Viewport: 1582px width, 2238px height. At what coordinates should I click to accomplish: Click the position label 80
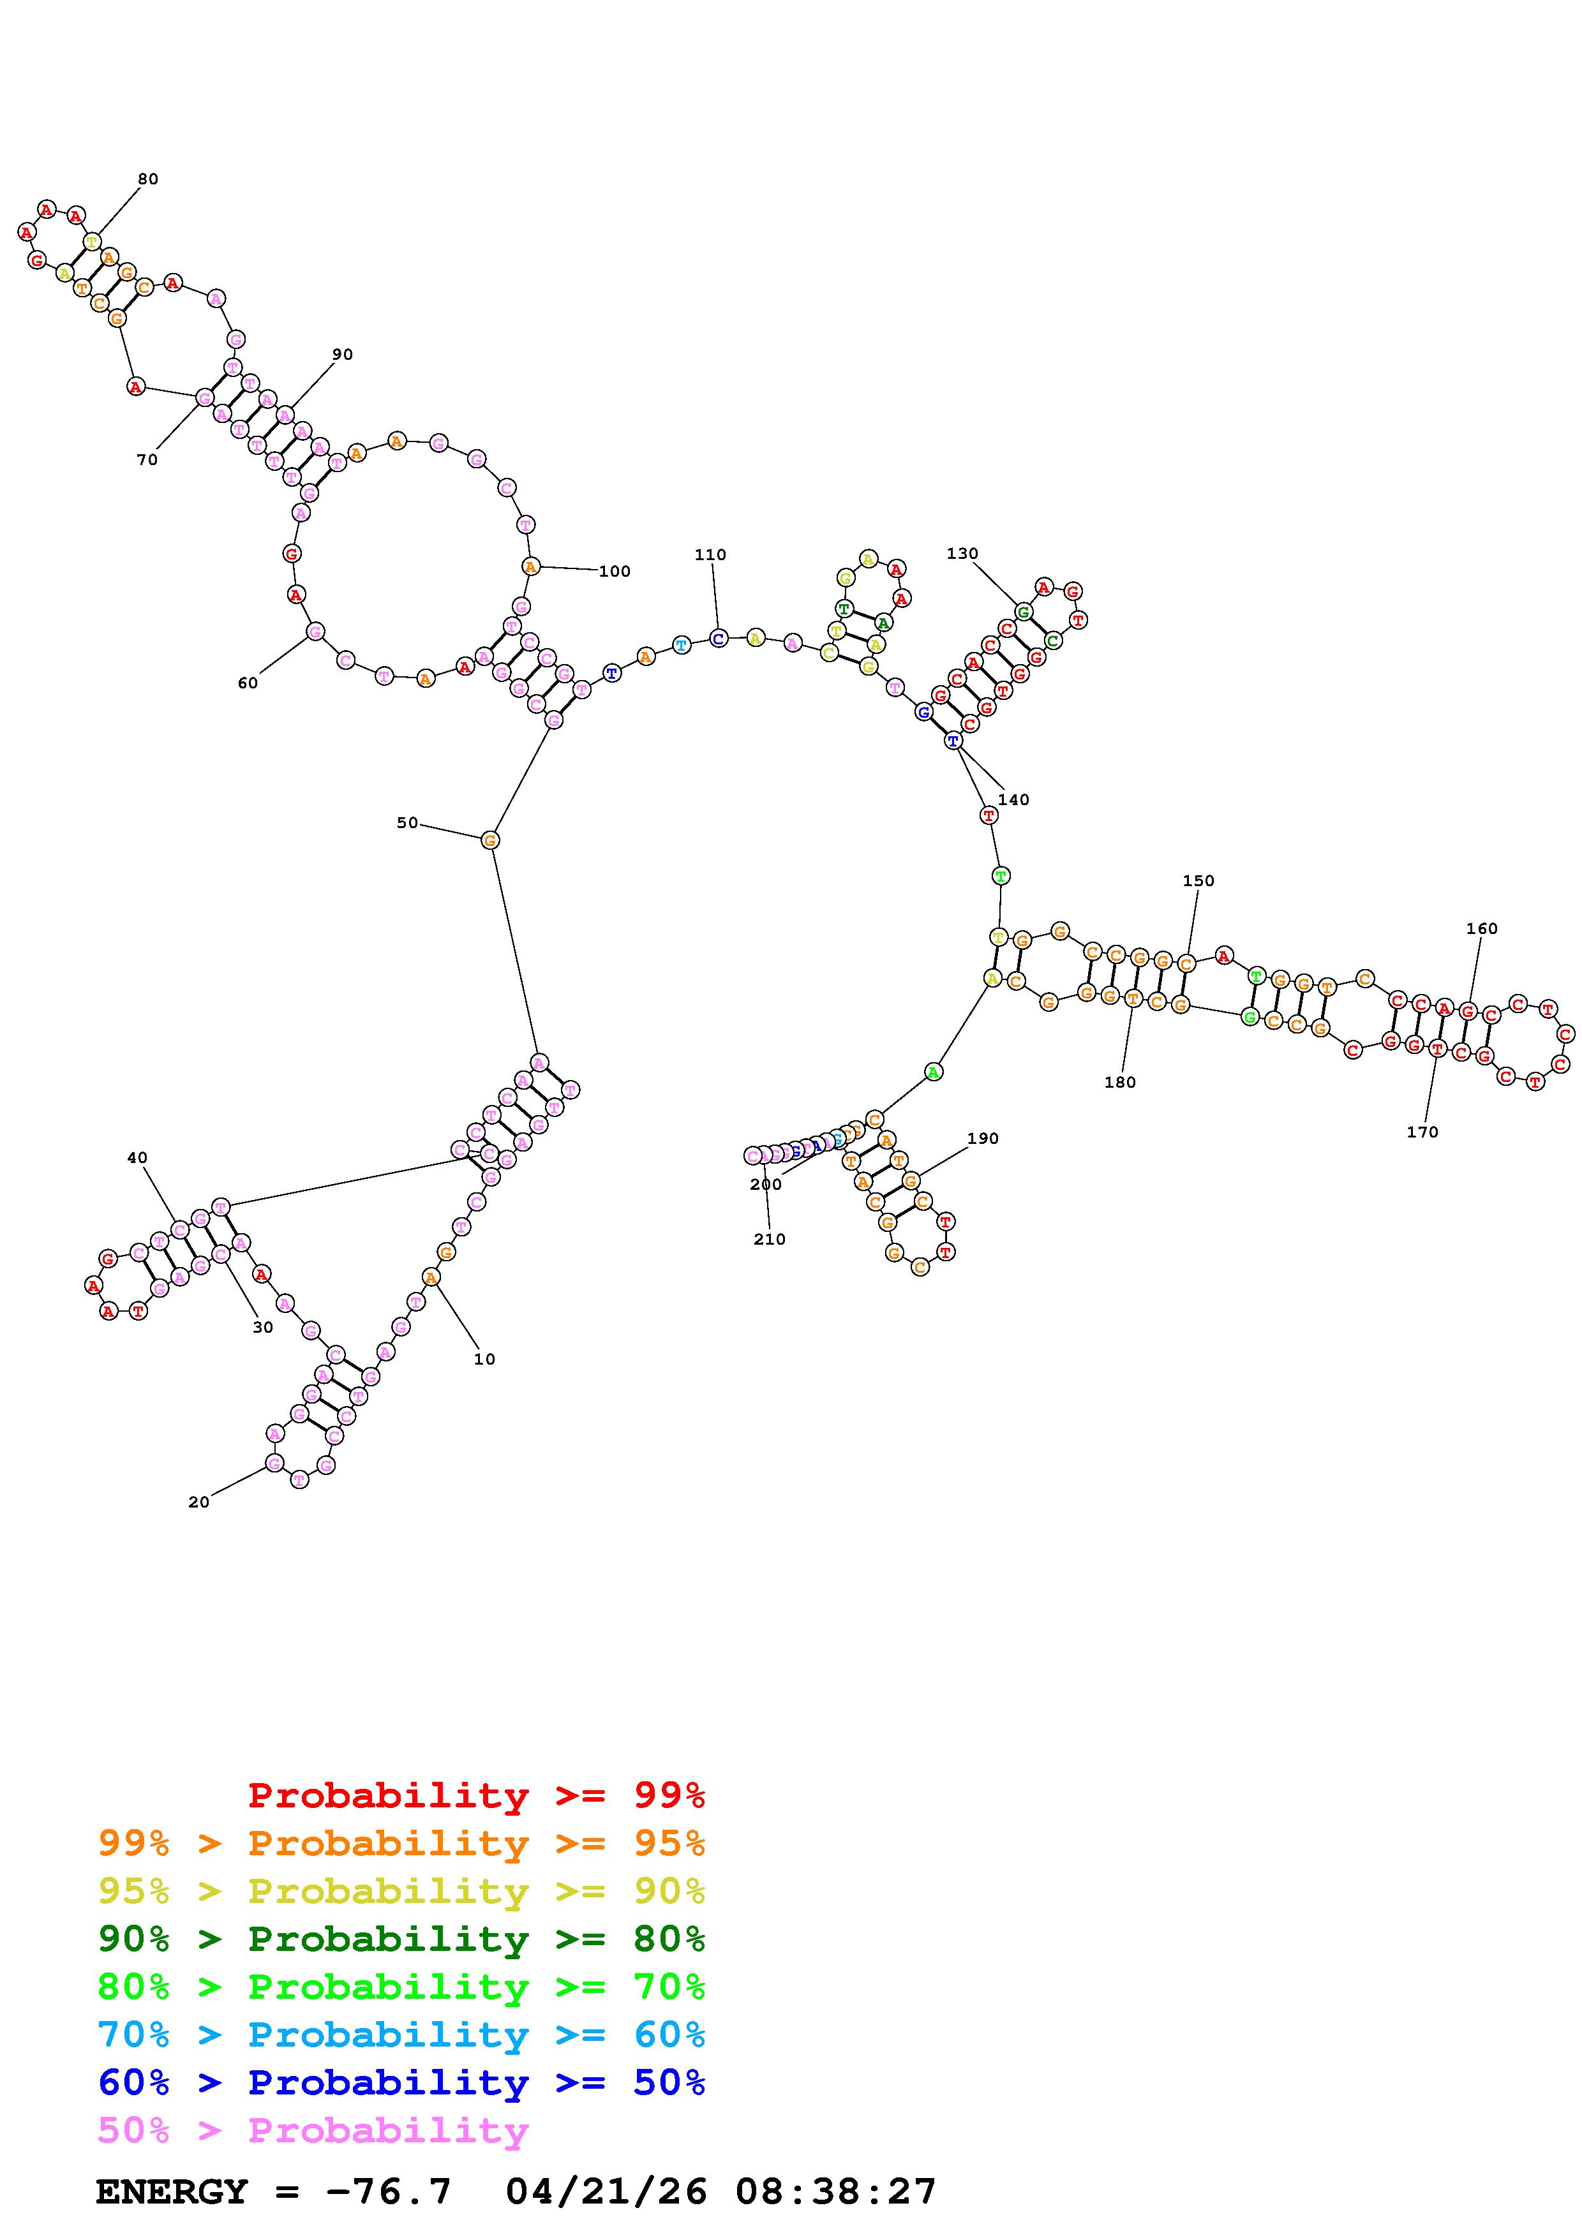point(147,179)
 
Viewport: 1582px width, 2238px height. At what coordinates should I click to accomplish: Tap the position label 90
point(342,355)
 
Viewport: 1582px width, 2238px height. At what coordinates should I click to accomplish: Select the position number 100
point(614,571)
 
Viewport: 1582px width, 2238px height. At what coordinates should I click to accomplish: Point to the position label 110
point(710,554)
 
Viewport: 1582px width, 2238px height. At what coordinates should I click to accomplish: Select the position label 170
point(1422,1132)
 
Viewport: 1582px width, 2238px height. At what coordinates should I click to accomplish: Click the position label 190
point(983,1139)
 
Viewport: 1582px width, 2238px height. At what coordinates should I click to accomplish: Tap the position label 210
point(769,1239)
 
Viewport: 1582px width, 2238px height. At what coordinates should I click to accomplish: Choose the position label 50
point(407,823)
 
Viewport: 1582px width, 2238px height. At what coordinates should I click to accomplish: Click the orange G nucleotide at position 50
point(490,840)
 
